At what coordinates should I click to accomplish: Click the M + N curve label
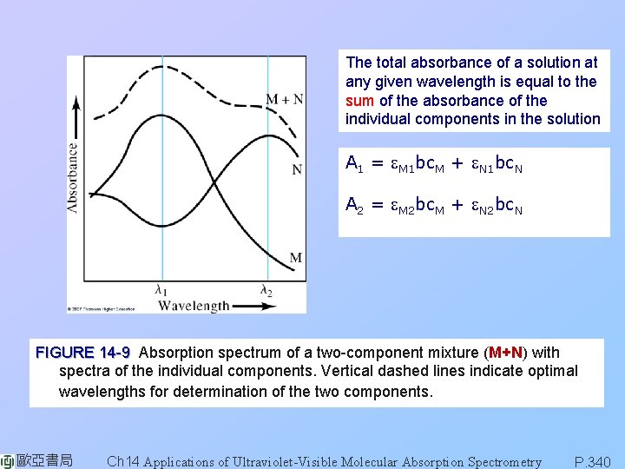284,99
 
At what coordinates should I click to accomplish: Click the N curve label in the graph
297,168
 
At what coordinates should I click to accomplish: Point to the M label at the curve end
296,257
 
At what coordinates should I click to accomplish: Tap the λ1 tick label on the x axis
162,290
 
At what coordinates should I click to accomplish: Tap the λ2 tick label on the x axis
266,290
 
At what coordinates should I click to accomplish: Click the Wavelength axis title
193,305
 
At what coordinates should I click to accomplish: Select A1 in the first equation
353,163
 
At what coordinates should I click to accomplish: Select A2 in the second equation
353,205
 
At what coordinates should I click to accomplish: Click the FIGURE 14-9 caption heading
82,353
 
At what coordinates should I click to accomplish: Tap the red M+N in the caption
505,353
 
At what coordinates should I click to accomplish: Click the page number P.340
594,461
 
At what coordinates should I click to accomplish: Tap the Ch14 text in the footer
122,461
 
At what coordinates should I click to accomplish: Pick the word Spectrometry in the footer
504,461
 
